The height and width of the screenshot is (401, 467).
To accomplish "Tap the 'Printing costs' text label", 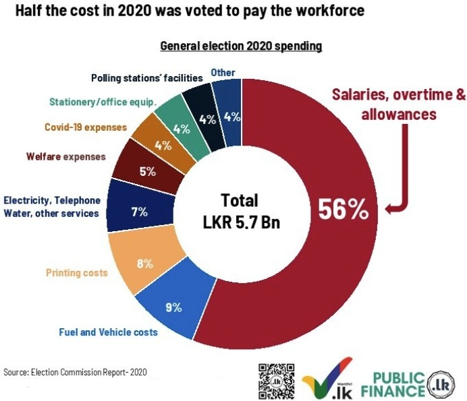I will tap(76, 273).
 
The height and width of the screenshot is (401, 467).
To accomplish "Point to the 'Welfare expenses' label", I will tap(66, 156).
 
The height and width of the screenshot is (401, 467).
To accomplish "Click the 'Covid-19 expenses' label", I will tap(85, 126).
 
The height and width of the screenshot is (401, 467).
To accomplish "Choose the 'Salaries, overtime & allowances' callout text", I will tap(397, 104).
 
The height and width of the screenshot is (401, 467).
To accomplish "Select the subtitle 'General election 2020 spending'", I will tap(240, 46).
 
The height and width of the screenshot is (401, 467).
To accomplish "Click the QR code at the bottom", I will tap(276, 381).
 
